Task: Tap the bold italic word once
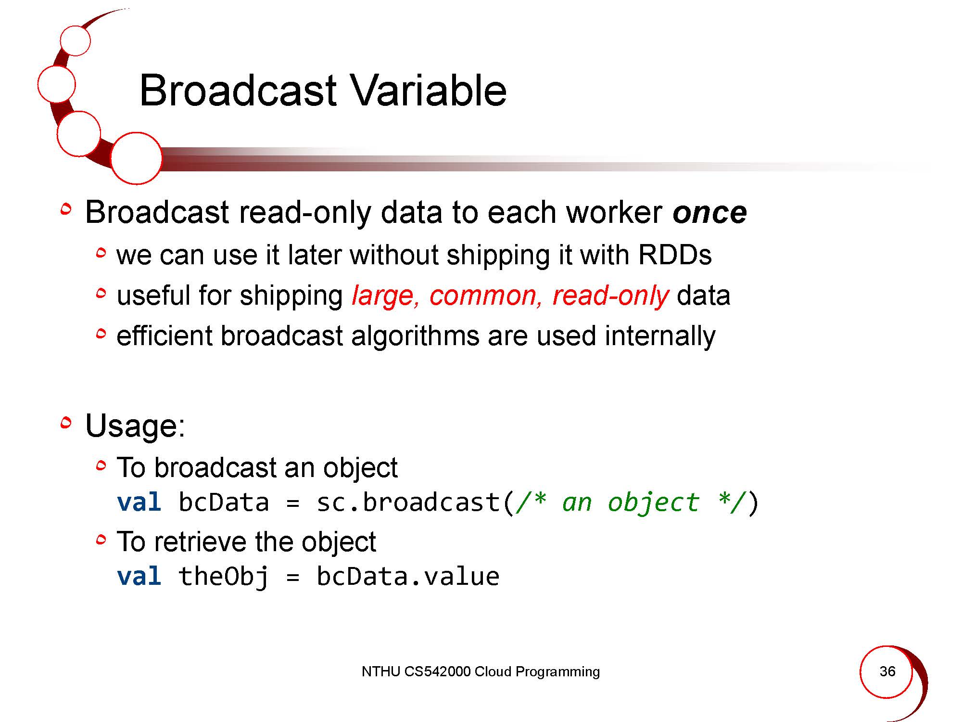tap(709, 212)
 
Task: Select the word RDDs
tap(674, 255)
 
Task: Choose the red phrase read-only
tap(610, 296)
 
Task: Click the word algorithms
tap(415, 336)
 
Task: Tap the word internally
tap(660, 336)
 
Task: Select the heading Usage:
tap(135, 426)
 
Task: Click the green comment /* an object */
tap(631, 502)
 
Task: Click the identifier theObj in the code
tap(223, 577)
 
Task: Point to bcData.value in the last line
tap(408, 576)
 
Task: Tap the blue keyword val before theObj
tap(139, 576)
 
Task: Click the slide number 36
tap(887, 671)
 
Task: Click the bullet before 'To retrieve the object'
tap(101, 541)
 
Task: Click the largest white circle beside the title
tap(136, 158)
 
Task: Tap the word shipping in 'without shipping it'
tap(498, 255)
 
